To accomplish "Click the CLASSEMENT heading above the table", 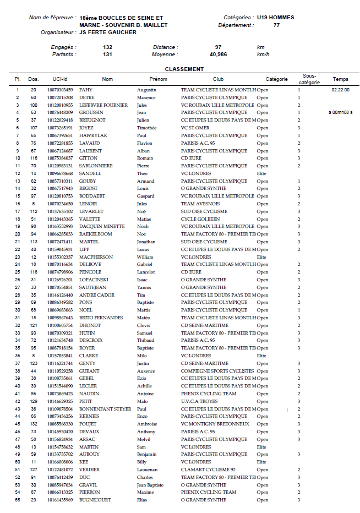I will coord(184,69).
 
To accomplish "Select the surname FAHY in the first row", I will coord(85,90).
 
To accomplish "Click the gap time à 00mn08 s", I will coord(340,112).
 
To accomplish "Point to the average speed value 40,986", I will coord(218,54).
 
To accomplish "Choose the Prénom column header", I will coord(157,79).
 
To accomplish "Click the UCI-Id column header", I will coord(59,79).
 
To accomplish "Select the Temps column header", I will coord(340,79).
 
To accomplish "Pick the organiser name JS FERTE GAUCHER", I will coord(108,32).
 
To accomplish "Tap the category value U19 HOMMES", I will coord(275,18).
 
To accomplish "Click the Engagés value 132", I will coord(107,47).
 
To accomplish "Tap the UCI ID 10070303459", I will coord(59,90).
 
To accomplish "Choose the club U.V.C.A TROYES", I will coord(200,401).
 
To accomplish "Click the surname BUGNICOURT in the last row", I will coord(94,500).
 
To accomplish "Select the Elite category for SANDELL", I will coord(261,173).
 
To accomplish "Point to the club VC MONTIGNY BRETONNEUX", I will coord(214,424).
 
